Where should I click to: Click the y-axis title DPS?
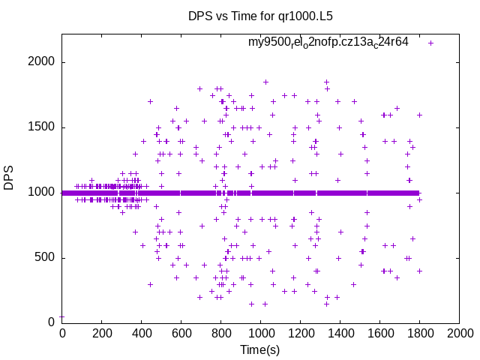click(9, 177)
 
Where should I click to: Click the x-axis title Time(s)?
click(259, 349)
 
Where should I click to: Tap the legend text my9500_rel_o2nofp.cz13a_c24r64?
click(328, 43)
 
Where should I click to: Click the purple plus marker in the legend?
click(431, 43)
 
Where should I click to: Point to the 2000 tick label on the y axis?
click(40, 62)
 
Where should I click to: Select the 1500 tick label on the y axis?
click(40, 127)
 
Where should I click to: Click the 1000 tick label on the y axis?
click(40, 193)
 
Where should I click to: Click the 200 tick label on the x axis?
click(101, 333)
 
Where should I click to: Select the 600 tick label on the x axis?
click(181, 333)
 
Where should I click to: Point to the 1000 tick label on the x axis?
click(260, 333)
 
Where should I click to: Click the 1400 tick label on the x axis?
click(340, 333)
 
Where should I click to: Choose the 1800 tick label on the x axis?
click(419, 333)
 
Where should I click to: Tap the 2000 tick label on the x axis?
click(459, 333)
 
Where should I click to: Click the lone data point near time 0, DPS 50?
click(61, 316)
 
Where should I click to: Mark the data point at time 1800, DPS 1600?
click(420, 115)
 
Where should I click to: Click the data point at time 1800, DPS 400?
click(420, 271)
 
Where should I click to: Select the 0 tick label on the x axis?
click(61, 333)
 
